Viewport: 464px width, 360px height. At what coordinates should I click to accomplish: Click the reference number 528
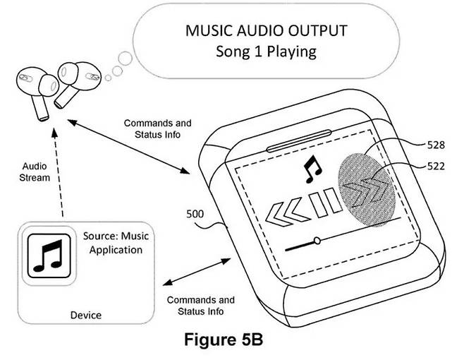pyautogui.click(x=436, y=145)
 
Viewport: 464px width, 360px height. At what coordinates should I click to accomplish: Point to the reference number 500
pyautogui.click(x=196, y=212)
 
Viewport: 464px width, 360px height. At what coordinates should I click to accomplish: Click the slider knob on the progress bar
pyautogui.click(x=317, y=241)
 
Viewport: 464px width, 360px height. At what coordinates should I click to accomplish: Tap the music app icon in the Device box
pyautogui.click(x=45, y=257)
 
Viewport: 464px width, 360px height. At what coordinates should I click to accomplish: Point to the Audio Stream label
pyautogui.click(x=35, y=172)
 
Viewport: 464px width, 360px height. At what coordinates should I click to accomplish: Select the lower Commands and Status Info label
pyautogui.click(x=200, y=305)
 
